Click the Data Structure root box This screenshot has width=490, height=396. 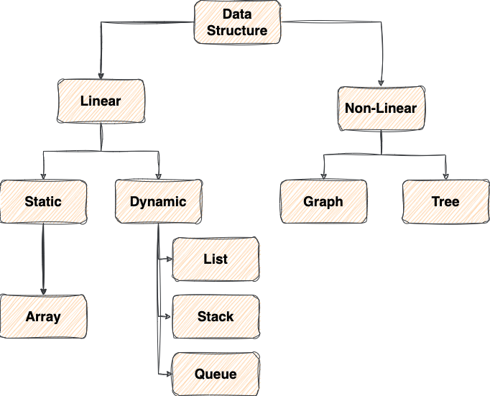(x=238, y=22)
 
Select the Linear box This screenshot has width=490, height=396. (x=101, y=101)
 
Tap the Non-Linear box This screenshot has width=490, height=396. (x=381, y=109)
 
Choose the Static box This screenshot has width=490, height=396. (x=43, y=201)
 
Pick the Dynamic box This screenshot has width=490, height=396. (x=158, y=201)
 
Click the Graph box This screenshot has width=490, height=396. (x=323, y=201)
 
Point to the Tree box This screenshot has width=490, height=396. (x=445, y=201)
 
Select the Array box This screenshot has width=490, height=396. (x=43, y=316)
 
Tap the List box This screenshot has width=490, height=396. (x=216, y=259)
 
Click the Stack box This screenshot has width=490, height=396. (x=216, y=316)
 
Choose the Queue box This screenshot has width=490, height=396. (x=216, y=374)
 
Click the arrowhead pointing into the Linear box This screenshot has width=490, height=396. (x=101, y=76)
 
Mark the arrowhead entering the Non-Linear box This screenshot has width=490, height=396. (x=381, y=83)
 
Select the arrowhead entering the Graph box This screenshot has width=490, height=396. (x=323, y=177)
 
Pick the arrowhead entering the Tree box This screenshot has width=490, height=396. (x=445, y=177)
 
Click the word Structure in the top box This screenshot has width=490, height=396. (x=238, y=30)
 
